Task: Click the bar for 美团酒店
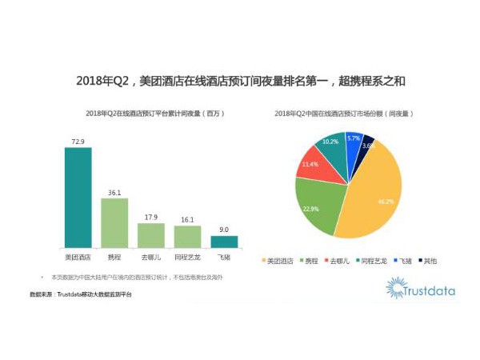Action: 78,198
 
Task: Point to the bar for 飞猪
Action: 224,241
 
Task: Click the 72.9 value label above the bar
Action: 78,142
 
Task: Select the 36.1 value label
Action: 114,192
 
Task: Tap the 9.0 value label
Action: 224,229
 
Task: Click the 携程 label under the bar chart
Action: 114,258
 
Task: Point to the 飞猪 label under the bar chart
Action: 224,258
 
